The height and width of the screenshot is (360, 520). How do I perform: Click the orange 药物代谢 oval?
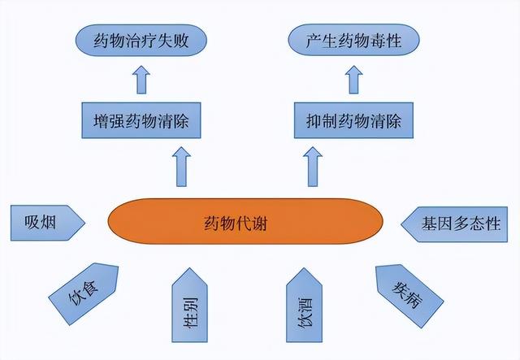point(245,221)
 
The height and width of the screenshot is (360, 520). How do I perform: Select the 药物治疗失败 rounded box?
point(141,40)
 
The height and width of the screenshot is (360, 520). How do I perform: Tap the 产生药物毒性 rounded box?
point(354,40)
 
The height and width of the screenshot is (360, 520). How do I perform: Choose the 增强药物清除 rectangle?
point(141,120)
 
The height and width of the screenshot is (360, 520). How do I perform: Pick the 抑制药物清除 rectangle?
point(354,120)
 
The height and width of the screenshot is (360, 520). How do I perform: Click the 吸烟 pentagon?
point(48,223)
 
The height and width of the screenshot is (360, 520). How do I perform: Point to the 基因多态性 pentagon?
point(454,224)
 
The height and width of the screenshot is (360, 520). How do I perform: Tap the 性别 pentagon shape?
point(189,306)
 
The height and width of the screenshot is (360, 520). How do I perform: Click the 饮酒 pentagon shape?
point(304,306)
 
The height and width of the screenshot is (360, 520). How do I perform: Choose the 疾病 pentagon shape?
point(409,295)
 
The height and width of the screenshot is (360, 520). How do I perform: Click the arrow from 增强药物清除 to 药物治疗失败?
point(141,80)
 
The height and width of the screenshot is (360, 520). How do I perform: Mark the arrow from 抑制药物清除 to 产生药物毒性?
point(354,80)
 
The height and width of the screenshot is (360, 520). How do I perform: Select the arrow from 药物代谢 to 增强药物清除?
point(181,167)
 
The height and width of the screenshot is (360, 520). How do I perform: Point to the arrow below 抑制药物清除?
point(313,167)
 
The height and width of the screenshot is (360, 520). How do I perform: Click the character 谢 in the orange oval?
point(259,223)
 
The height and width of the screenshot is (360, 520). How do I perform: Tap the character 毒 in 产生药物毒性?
point(377,41)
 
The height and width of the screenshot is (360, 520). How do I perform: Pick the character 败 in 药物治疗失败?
point(181,41)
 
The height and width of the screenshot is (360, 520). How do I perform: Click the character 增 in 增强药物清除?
point(101,121)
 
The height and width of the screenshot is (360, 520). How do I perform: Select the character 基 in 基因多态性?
point(429,223)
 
